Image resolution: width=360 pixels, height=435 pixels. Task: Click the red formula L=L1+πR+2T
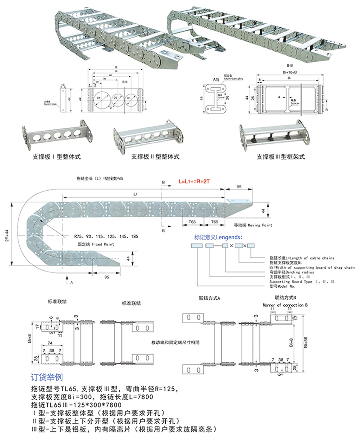point(195,181)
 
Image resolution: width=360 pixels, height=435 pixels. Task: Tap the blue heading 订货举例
point(47,377)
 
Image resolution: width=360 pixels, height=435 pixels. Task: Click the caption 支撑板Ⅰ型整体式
point(57,157)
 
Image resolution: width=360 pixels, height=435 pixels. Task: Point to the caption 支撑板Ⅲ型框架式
point(281,157)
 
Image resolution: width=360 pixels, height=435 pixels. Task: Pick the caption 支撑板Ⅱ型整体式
point(156,157)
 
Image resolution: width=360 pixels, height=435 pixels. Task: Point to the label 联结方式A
point(209,298)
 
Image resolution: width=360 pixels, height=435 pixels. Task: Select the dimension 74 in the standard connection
point(50,343)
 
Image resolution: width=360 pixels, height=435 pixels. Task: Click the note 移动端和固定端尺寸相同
point(170,342)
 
